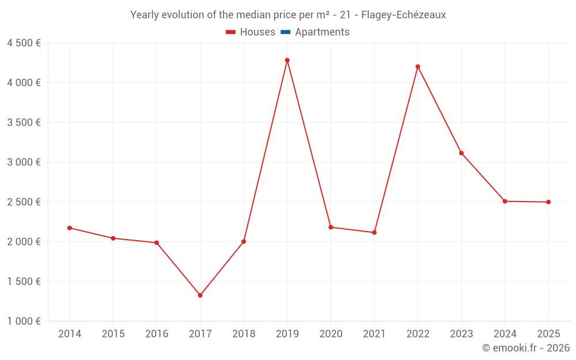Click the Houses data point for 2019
point(287,60)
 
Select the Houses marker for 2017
point(200,295)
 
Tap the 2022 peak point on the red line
point(418,67)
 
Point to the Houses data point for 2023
point(461,153)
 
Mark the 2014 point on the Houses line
point(69,228)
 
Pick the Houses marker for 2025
point(548,202)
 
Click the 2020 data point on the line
point(331,227)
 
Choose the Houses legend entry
point(251,32)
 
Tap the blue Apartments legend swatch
point(285,32)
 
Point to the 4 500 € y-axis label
point(24,43)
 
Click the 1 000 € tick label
point(24,321)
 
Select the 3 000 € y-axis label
point(24,162)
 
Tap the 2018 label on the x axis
point(244,334)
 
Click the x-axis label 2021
point(374,334)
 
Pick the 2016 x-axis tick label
point(157,334)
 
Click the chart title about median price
point(288,15)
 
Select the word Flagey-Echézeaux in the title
point(403,15)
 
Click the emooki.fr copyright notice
point(526,348)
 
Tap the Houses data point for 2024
point(505,201)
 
